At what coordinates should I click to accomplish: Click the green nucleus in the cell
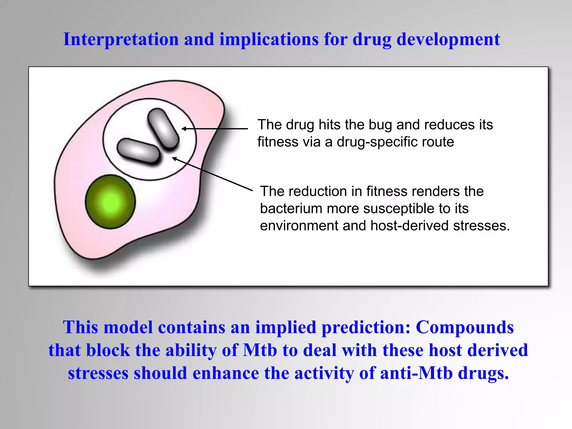pos(110,202)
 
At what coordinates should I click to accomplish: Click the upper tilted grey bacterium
pos(163,128)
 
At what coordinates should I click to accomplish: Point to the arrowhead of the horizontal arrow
pos(183,129)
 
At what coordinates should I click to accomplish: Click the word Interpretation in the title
pos(121,39)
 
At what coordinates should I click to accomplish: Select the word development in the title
pos(448,39)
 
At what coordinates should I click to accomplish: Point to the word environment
pos(299,226)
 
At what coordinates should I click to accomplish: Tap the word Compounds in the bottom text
pos(464,327)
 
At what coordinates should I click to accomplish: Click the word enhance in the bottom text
pos(226,373)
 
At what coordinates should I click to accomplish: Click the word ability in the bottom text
pos(191,350)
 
